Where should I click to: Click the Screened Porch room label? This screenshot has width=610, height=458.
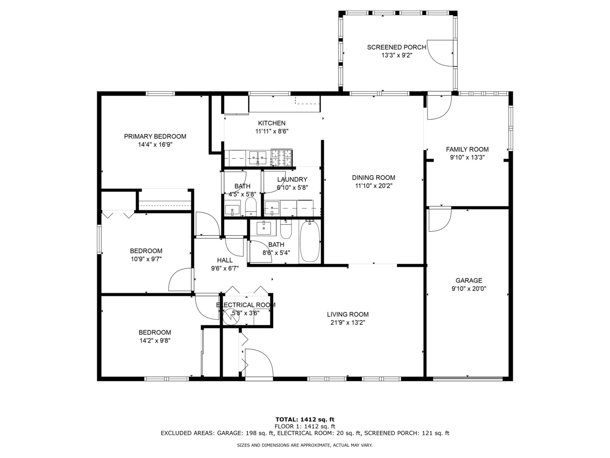pyautogui.click(x=396, y=47)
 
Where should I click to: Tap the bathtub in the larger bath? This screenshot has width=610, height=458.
pyautogui.click(x=310, y=242)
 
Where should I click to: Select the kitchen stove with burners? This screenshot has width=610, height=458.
pyautogui.click(x=282, y=158)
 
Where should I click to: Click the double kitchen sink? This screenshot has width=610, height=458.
pyautogui.click(x=258, y=158)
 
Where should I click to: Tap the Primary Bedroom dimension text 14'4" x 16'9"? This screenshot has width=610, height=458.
pyautogui.click(x=155, y=144)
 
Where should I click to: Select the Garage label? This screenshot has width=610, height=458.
pyautogui.click(x=469, y=280)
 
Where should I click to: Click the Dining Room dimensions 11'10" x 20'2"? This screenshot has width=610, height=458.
pyautogui.click(x=374, y=185)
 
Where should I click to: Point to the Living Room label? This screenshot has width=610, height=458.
pyautogui.click(x=347, y=314)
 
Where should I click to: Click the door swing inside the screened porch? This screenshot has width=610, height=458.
pyautogui.click(x=441, y=53)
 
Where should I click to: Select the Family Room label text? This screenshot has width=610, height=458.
pyautogui.click(x=467, y=149)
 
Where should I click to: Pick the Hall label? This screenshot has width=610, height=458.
pyautogui.click(x=225, y=260)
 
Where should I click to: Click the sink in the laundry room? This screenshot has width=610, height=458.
pyautogui.click(x=272, y=208)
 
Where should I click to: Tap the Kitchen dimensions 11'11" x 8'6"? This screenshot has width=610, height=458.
pyautogui.click(x=272, y=131)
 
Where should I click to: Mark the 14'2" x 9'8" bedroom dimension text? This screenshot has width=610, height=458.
pyautogui.click(x=155, y=340)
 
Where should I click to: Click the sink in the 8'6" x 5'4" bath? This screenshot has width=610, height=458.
pyautogui.click(x=264, y=228)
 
